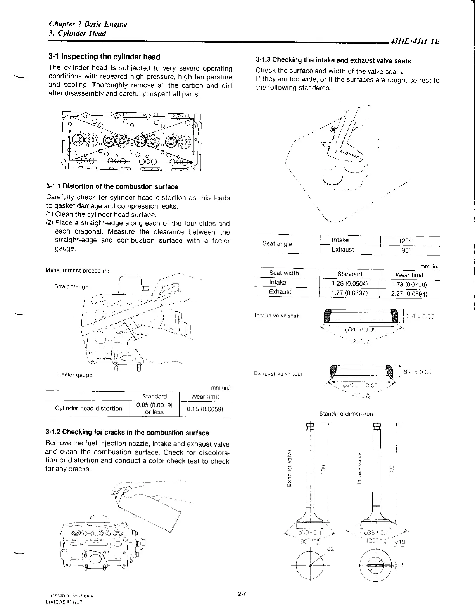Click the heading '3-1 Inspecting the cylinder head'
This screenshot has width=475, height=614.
[104, 57]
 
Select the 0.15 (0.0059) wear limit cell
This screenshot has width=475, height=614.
[205, 409]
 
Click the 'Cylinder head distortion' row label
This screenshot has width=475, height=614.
[88, 409]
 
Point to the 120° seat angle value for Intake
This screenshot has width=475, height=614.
[405, 241]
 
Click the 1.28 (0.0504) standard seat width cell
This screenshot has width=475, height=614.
[349, 283]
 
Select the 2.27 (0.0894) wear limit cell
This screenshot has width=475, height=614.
[409, 294]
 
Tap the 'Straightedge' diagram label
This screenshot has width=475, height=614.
[71, 286]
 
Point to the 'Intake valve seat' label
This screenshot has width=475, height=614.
[276, 316]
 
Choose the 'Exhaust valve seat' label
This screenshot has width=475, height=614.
[278, 374]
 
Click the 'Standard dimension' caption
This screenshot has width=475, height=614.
[346, 414]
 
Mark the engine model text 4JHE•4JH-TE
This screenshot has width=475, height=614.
[415, 41]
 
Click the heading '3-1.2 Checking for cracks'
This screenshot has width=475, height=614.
[127, 433]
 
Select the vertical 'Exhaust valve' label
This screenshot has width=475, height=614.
[289, 467]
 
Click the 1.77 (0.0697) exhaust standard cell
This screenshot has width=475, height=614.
[349, 293]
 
